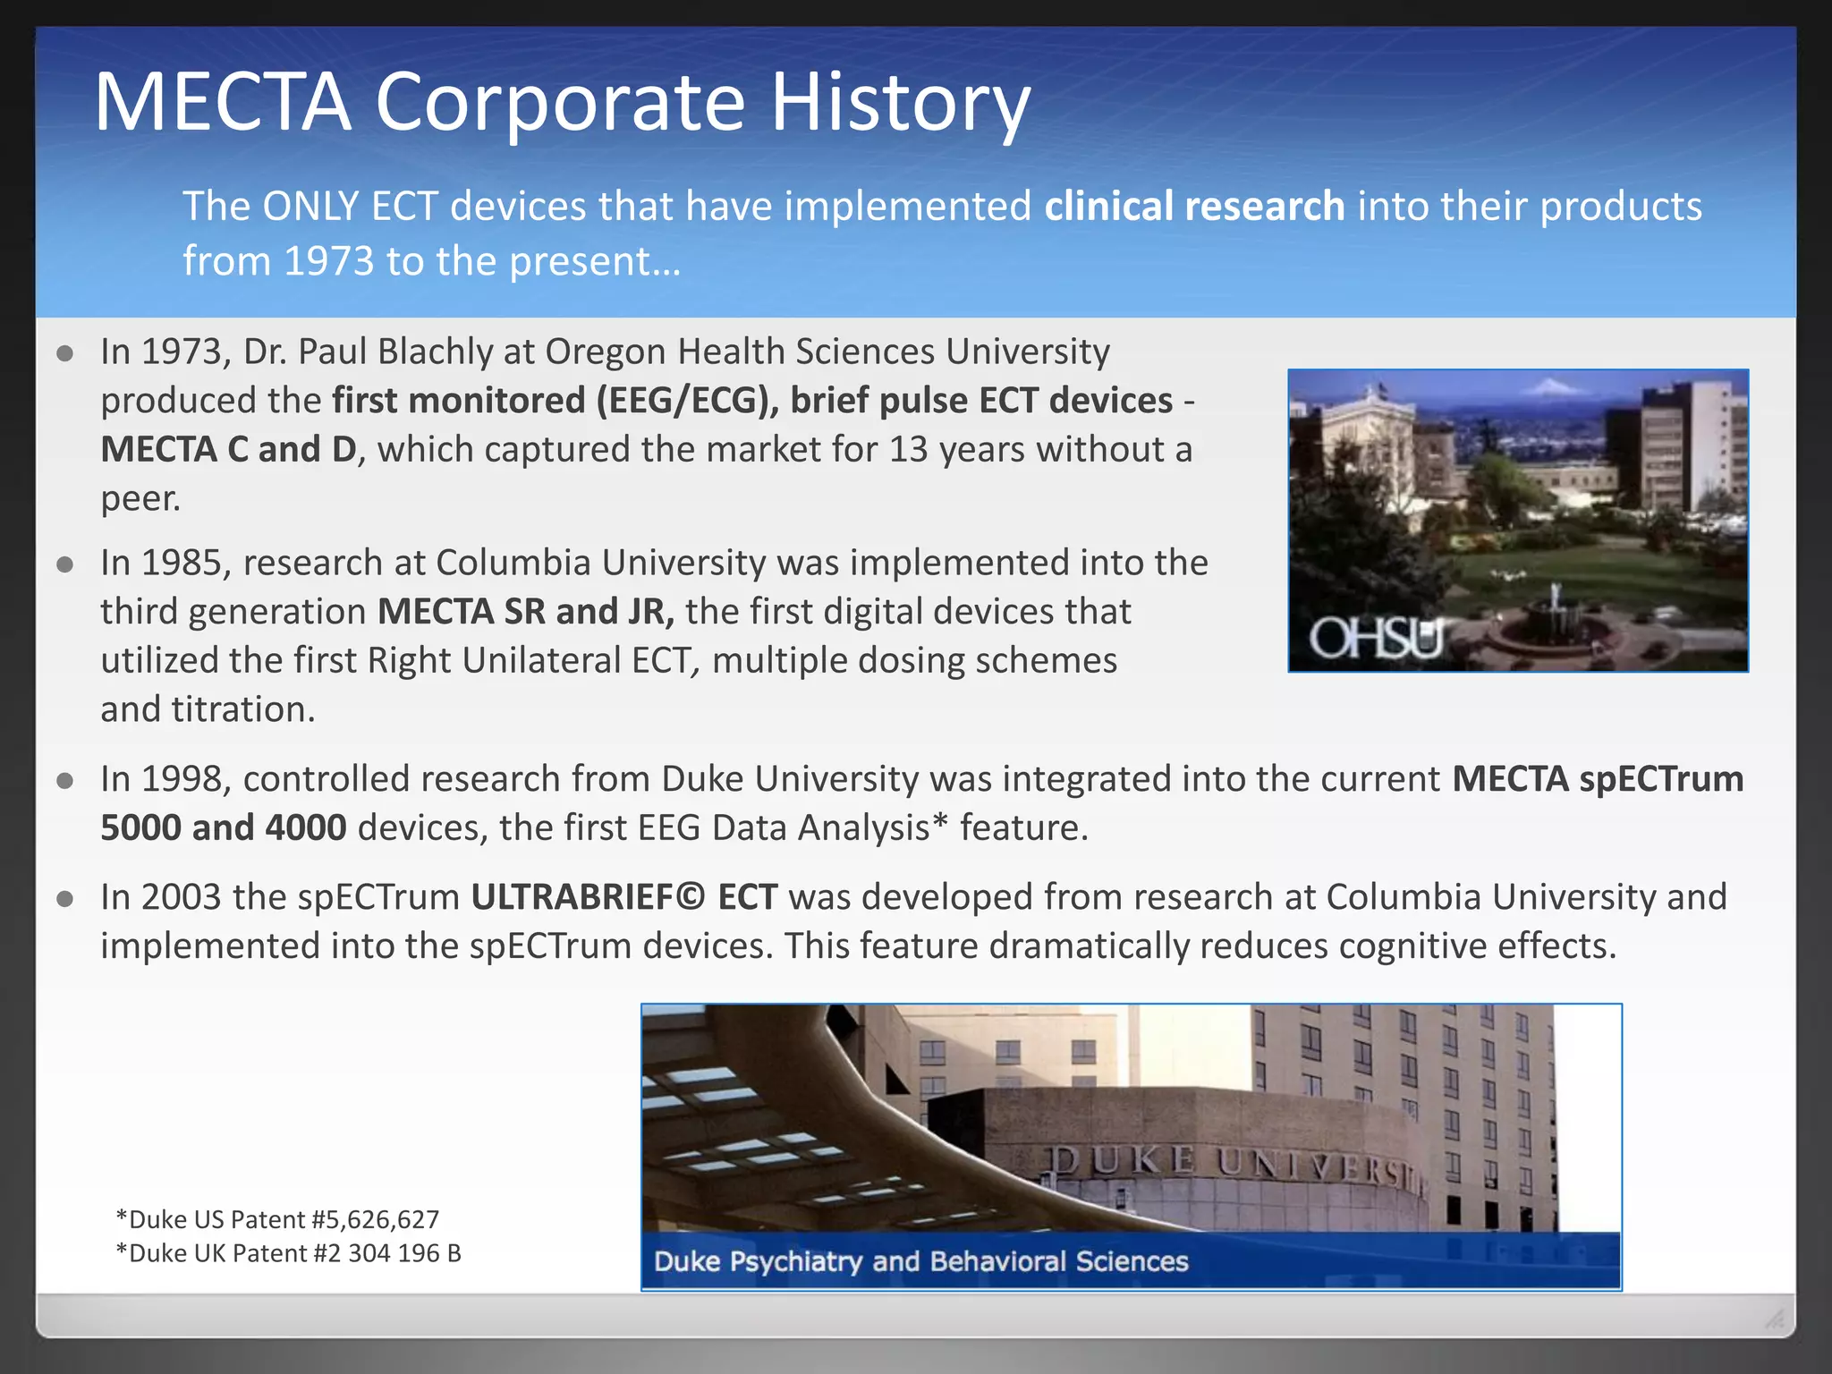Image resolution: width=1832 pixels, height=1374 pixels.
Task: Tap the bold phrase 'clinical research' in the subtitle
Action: coord(1194,207)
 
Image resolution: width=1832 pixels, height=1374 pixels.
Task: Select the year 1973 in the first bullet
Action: coord(182,352)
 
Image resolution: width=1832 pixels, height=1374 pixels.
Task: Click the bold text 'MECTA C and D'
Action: coord(229,449)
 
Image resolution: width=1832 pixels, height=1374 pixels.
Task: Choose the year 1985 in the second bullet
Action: coord(182,563)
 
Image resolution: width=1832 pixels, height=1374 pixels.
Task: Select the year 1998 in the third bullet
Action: coord(182,779)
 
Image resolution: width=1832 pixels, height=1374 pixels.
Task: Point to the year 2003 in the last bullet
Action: coord(181,897)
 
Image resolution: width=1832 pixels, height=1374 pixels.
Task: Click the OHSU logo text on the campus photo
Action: coord(1377,638)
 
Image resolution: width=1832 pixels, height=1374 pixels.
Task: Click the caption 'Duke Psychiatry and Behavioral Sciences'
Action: coord(920,1261)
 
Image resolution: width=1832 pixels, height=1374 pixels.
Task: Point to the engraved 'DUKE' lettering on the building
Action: coord(1124,1160)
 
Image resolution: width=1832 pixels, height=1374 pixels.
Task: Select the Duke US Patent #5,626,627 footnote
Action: coord(277,1219)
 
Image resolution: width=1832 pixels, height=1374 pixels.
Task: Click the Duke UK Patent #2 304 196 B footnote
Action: coord(288,1253)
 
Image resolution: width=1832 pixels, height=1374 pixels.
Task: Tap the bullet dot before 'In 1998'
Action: coord(64,781)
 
